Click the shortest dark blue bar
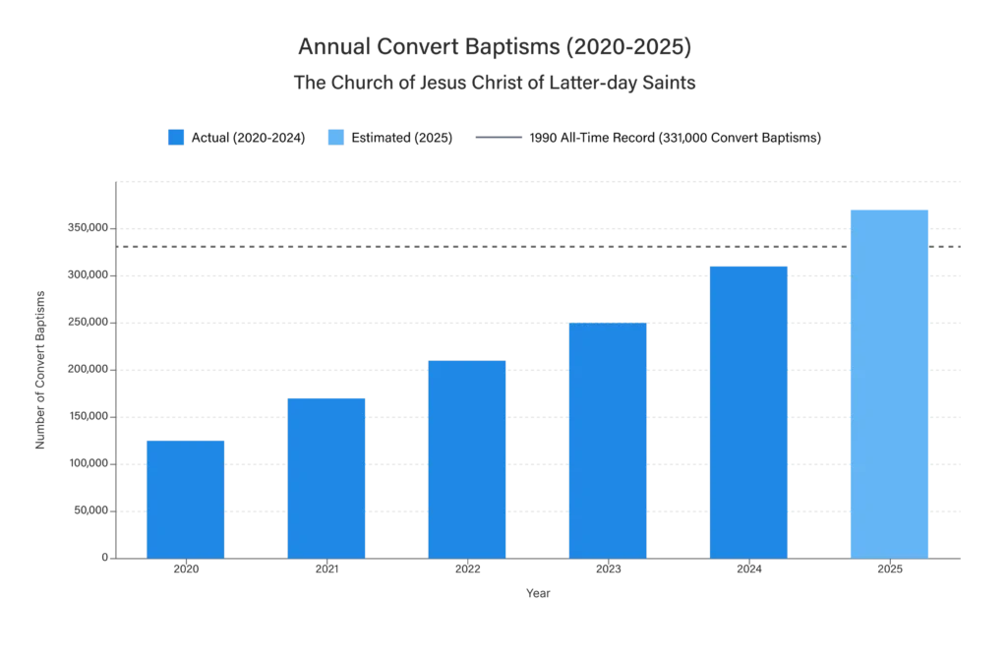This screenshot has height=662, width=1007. (185, 496)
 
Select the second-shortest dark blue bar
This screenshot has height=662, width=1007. (326, 476)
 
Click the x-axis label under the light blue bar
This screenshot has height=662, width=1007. (890, 568)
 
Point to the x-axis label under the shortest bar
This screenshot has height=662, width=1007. (186, 568)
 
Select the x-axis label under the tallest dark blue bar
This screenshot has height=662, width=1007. (749, 568)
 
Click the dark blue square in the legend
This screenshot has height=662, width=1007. (177, 138)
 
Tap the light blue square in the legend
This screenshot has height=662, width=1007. (334, 138)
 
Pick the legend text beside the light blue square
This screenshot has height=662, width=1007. (404, 138)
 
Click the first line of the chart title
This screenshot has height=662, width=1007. (495, 45)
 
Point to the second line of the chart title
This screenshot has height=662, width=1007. (495, 83)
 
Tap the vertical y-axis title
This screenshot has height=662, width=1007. (39, 370)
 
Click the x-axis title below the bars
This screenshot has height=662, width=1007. (539, 592)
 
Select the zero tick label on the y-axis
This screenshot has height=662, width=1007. (102, 559)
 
